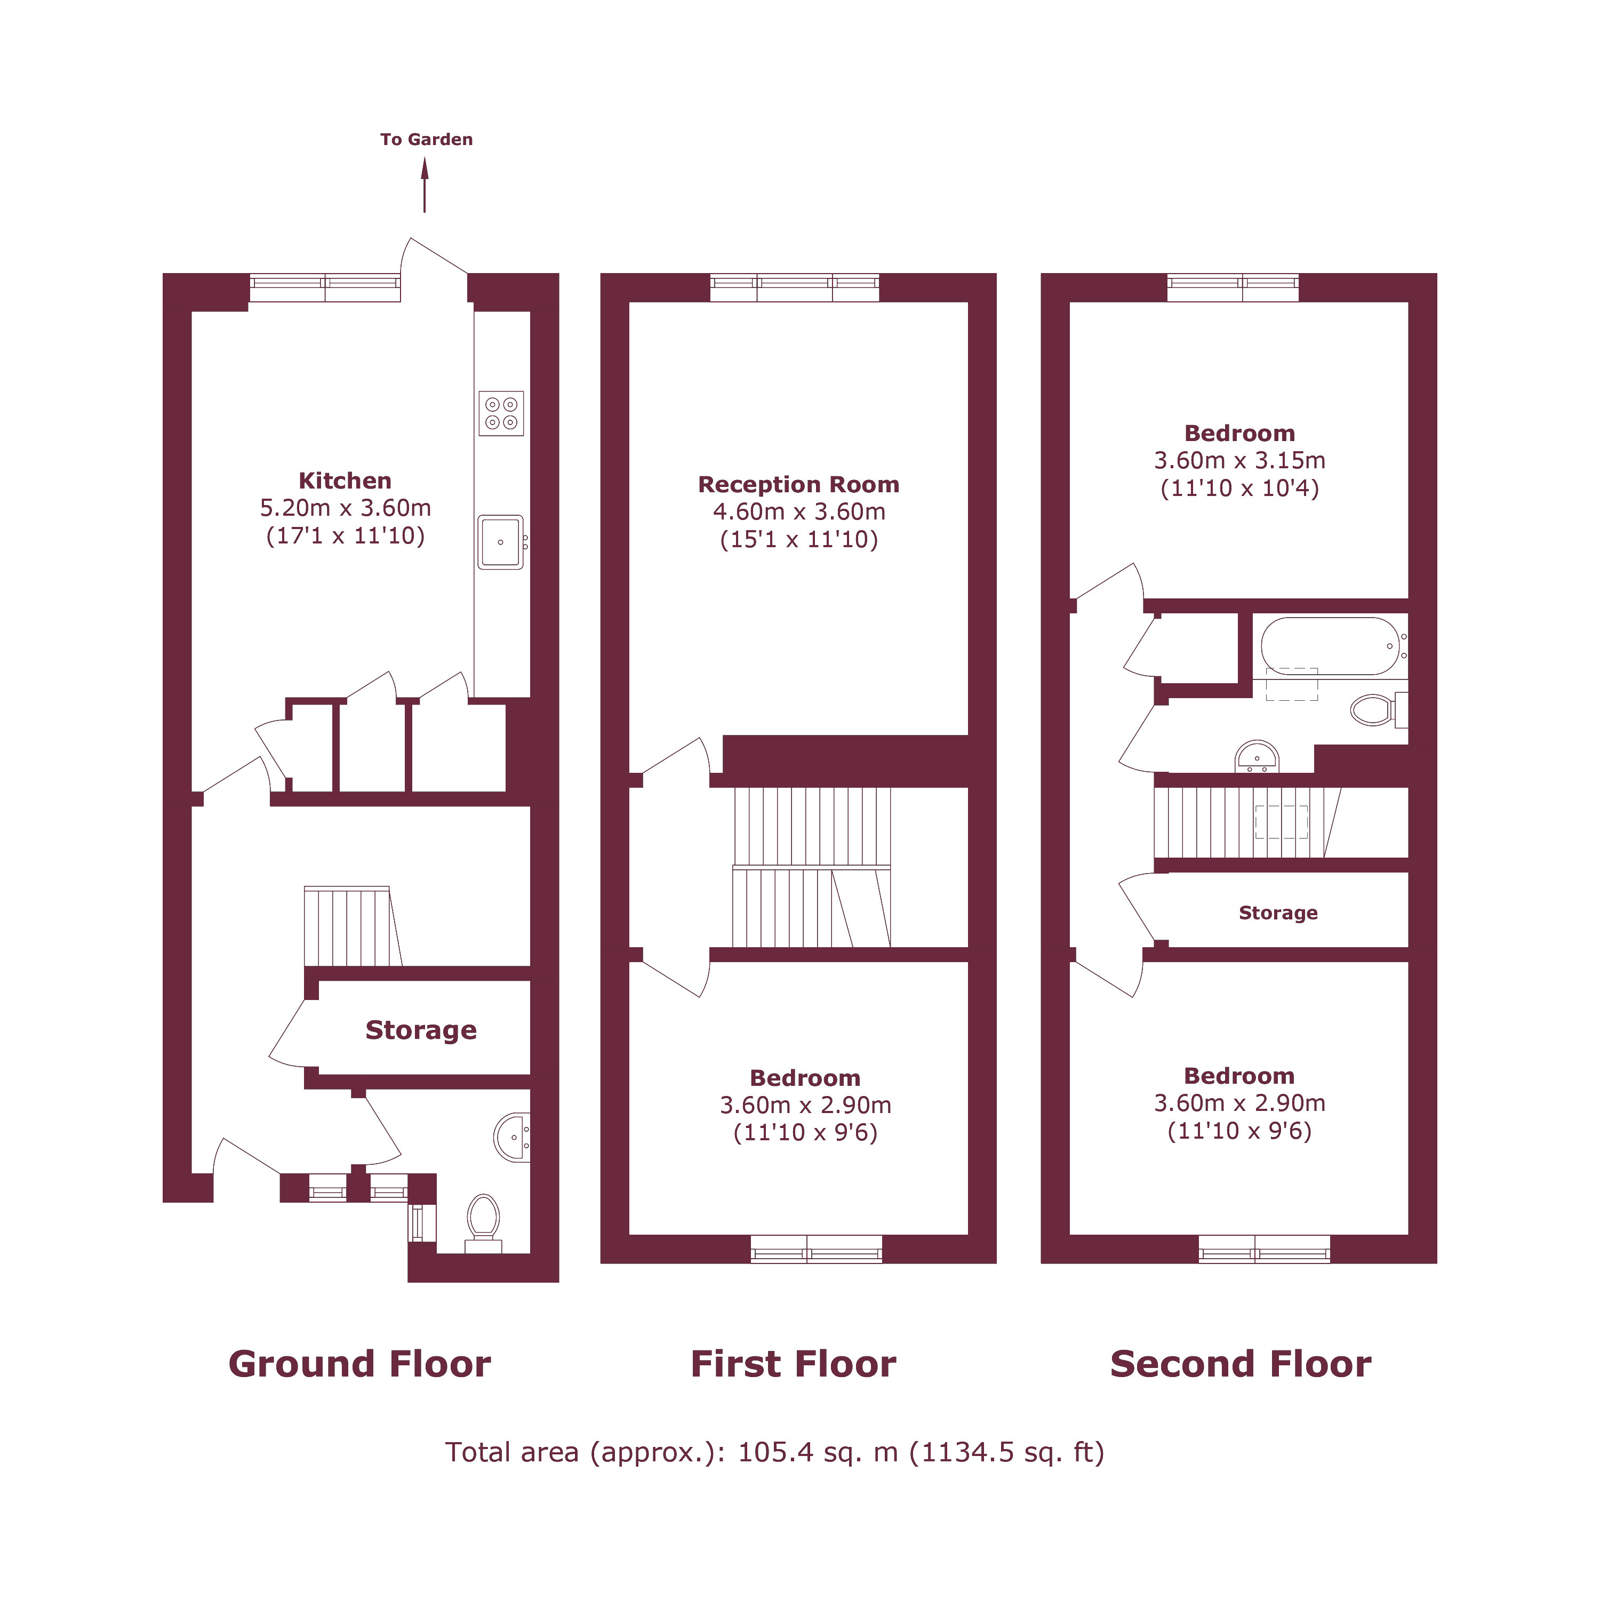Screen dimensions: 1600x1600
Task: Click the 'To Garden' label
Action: click(427, 139)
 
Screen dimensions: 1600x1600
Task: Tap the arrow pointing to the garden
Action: click(425, 185)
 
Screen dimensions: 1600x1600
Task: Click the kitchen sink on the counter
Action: click(501, 542)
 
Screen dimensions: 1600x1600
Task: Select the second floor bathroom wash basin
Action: click(1257, 757)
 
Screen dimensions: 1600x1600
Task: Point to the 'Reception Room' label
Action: click(798, 484)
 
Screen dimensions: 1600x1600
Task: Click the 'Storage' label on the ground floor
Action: click(421, 1030)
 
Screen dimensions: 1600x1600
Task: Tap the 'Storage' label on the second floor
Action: click(1278, 913)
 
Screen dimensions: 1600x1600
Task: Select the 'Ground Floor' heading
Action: click(359, 1364)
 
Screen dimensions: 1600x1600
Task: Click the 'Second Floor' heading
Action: click(1241, 1364)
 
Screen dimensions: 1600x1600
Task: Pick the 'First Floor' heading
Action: click(794, 1364)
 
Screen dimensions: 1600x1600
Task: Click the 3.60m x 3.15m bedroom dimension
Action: click(1240, 460)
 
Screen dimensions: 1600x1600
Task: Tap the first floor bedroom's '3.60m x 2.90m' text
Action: click(805, 1105)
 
